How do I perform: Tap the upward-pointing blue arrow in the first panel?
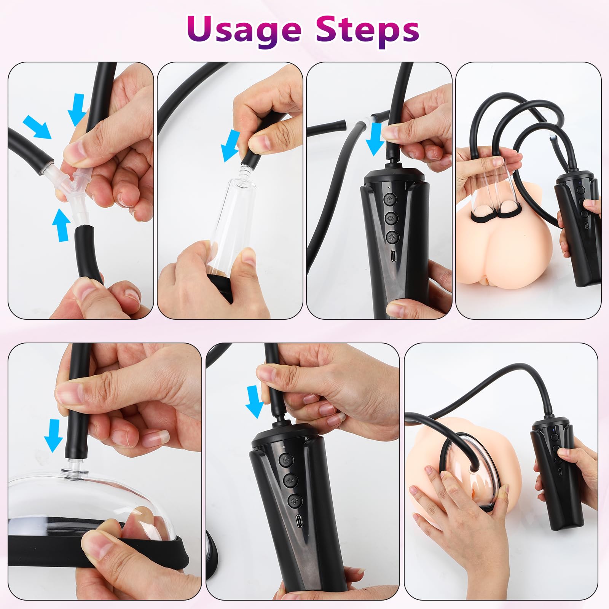click(x=60, y=225)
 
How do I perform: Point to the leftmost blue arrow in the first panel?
click(x=37, y=127)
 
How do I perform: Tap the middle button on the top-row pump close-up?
click(x=391, y=218)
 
